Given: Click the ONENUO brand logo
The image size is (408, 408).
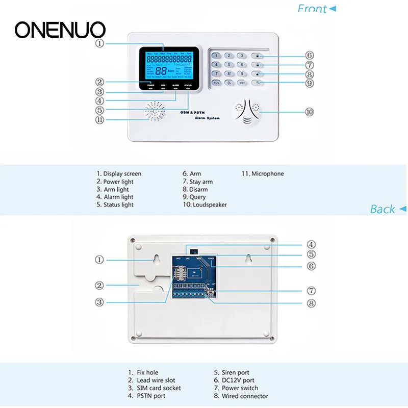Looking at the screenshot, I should (60, 30).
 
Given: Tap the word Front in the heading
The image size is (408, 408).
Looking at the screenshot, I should (312, 9).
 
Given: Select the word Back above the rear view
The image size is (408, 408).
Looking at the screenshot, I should (382, 209).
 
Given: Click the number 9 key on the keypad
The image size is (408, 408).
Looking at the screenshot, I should (241, 73).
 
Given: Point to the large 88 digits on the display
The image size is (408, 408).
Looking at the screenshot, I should (161, 72).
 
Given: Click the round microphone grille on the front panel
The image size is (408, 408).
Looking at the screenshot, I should (155, 110).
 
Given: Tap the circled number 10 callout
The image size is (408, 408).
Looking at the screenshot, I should (309, 112).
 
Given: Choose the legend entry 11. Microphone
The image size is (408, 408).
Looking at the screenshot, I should (263, 174).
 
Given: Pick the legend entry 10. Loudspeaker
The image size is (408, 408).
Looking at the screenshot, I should (205, 205).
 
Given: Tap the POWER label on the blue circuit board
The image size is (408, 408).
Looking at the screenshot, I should (212, 258).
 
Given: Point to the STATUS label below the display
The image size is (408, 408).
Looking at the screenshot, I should (188, 85).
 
